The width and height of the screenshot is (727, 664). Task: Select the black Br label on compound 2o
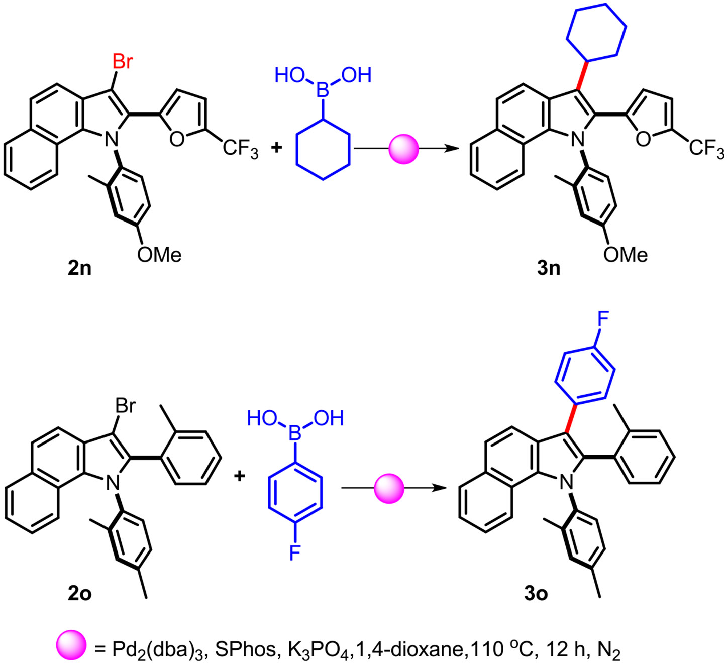click(125, 405)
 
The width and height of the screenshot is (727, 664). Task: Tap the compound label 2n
click(80, 268)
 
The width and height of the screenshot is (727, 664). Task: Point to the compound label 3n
click(548, 268)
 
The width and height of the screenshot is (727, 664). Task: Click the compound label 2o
click(80, 594)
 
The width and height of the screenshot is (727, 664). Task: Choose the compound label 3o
click(536, 594)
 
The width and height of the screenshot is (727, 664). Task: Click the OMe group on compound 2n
click(159, 255)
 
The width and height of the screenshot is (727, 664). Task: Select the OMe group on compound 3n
click(626, 255)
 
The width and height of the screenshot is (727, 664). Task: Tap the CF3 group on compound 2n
click(240, 150)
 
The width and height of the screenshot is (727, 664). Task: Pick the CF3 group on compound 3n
click(706, 150)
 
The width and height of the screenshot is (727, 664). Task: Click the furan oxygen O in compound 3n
click(643, 139)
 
